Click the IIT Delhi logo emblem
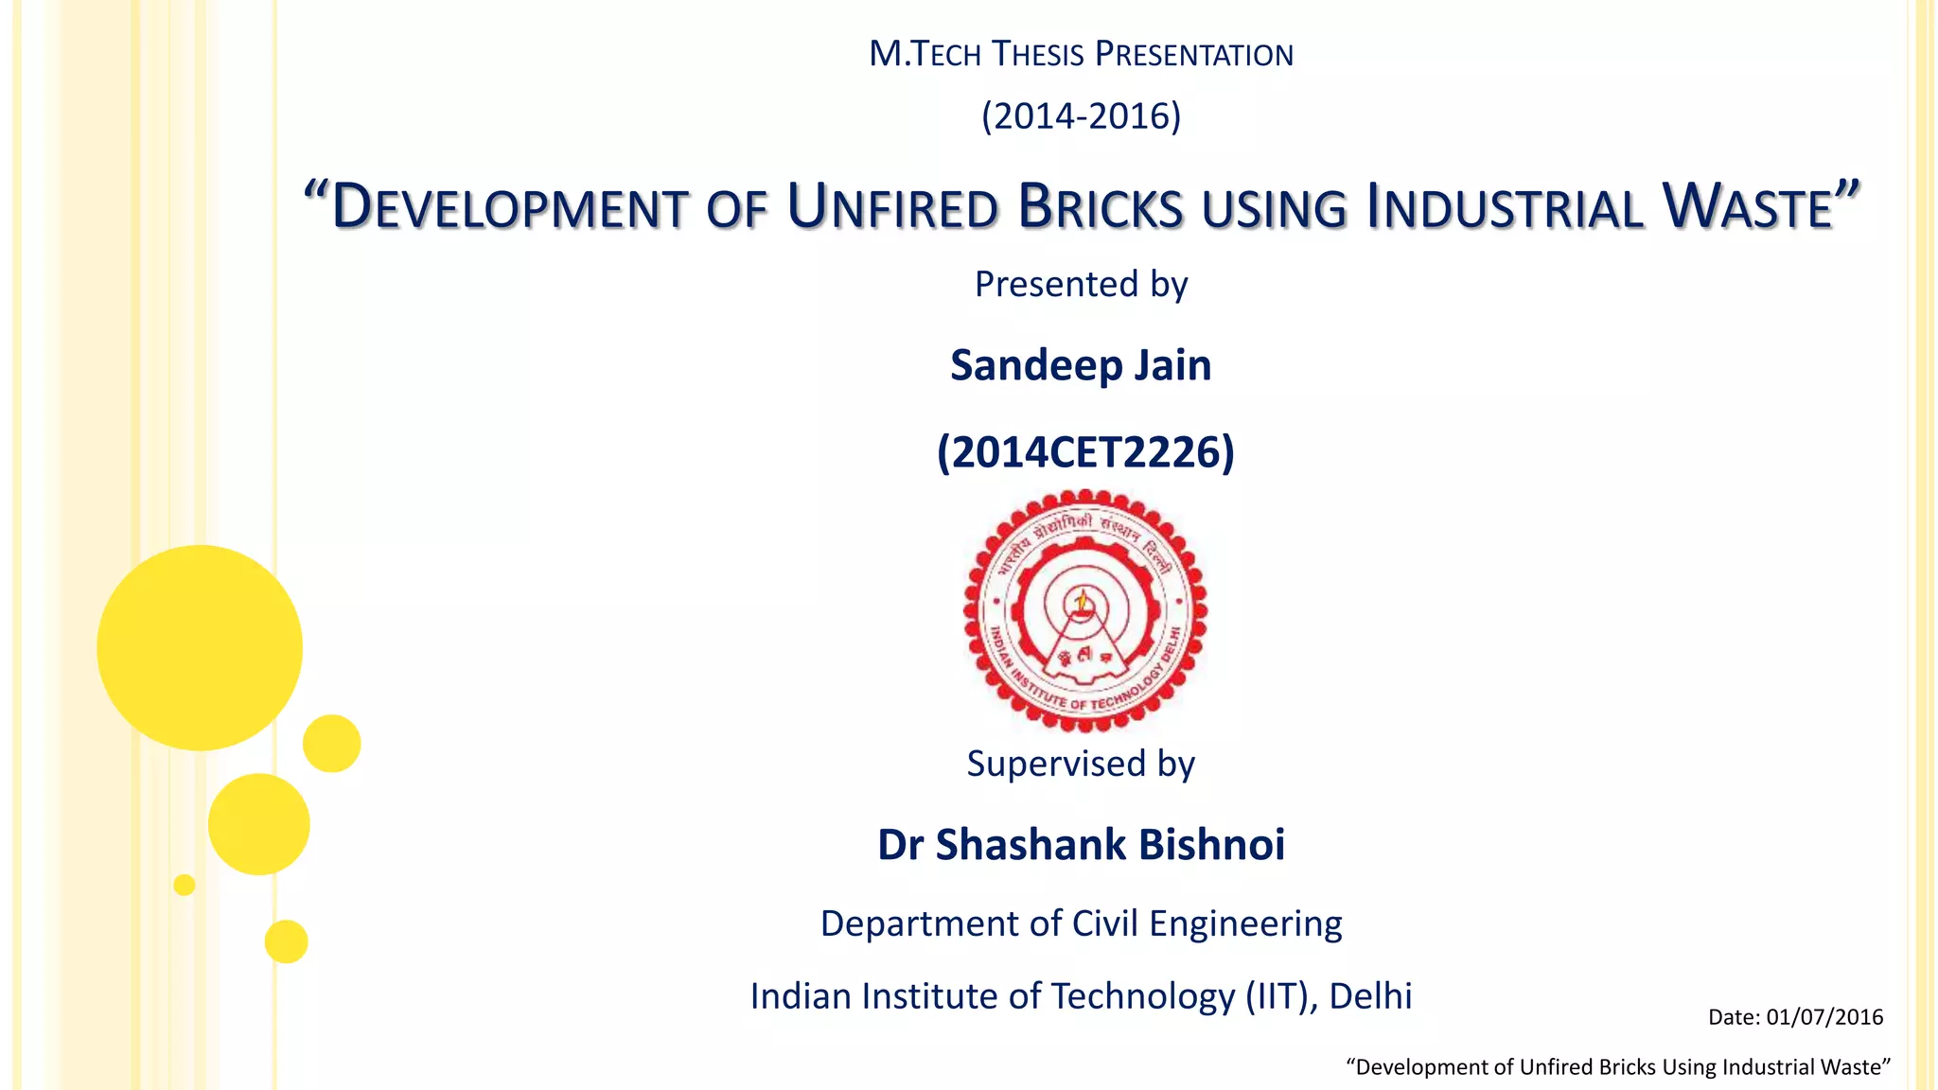1084,610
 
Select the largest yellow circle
200,648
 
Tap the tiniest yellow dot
185,885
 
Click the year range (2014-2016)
1081,116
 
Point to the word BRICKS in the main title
1101,207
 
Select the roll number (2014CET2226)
1085,452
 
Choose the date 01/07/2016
1824,1017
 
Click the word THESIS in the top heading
1037,55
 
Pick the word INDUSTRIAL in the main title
1505,207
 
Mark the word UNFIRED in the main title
892,207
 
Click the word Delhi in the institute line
1370,996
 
